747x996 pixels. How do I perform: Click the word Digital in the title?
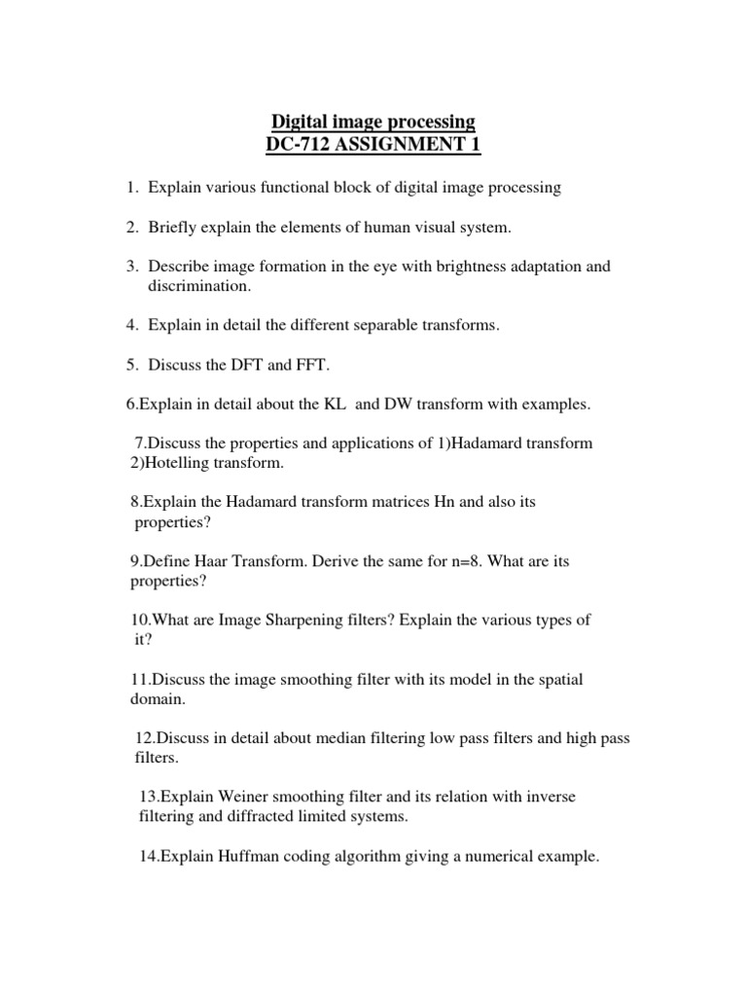click(x=299, y=123)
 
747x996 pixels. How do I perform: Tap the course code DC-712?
click(x=298, y=146)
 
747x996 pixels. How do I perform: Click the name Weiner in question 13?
click(x=231, y=797)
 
